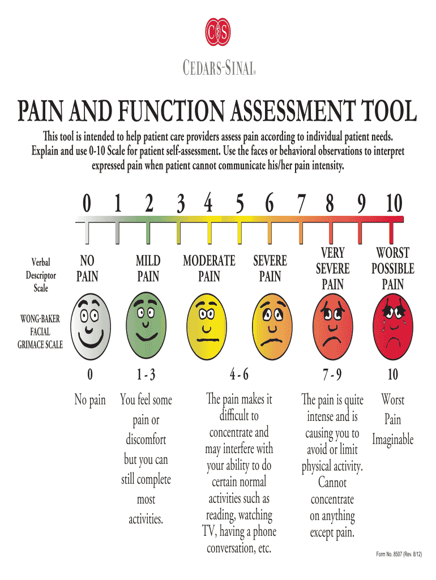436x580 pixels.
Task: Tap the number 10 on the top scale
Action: tap(393, 203)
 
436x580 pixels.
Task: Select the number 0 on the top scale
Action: tap(87, 203)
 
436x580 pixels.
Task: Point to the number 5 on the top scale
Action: tap(240, 203)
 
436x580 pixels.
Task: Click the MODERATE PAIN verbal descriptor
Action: tap(209, 268)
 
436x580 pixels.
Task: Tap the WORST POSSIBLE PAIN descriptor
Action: tap(393, 268)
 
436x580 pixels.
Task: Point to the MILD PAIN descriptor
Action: tap(148, 268)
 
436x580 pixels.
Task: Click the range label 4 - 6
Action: tap(239, 374)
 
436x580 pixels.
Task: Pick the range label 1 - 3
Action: tap(147, 374)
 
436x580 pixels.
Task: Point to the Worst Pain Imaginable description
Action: tap(392, 420)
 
